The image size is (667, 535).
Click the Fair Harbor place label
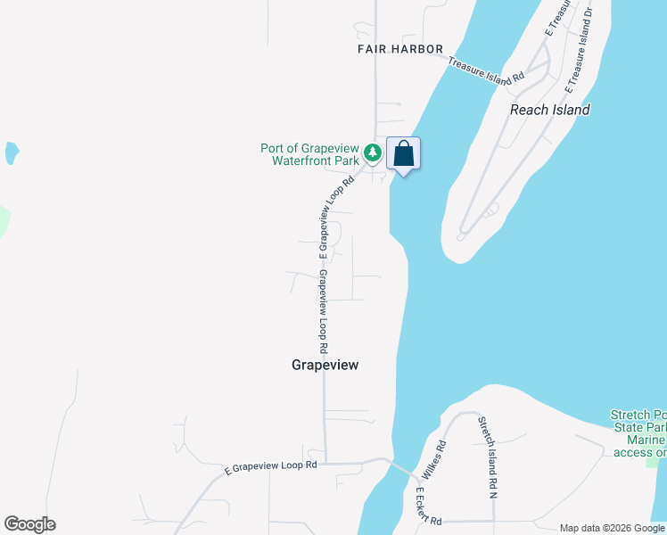400,48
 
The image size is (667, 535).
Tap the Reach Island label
549,110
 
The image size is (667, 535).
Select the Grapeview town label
330,365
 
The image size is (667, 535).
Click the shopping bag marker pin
403,153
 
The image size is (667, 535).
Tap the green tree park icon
373,153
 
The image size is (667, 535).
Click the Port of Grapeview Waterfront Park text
309,154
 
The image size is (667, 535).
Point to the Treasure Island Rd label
485,71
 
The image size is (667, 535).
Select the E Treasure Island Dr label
579,48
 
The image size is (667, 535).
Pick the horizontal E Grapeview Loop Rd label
270,465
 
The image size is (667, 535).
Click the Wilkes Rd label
441,457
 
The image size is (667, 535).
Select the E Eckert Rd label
426,505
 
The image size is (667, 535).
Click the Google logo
29,524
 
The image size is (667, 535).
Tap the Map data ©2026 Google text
612,528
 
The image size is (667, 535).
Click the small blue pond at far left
11,152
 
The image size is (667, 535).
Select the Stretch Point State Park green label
639,433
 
